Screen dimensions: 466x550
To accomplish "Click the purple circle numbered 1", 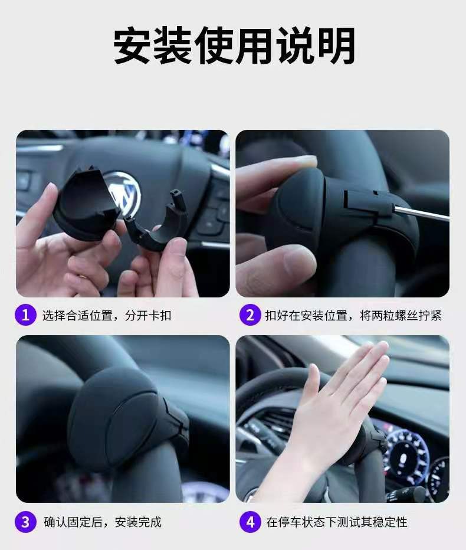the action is click(25, 315).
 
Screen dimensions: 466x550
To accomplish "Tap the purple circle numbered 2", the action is click(250, 315).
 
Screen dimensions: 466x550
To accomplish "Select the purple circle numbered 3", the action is click(25, 522).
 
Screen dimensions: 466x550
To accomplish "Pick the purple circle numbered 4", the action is click(250, 522).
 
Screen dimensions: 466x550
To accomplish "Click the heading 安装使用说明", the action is click(234, 46).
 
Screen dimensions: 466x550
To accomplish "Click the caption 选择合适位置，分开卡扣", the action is click(107, 315).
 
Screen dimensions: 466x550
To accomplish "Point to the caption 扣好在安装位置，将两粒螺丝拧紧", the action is click(353, 315).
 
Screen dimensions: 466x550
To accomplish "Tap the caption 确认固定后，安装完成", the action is click(103, 522).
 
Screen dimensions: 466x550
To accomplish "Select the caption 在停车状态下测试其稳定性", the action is click(337, 522).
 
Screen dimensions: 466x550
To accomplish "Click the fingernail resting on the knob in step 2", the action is click(306, 162).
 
